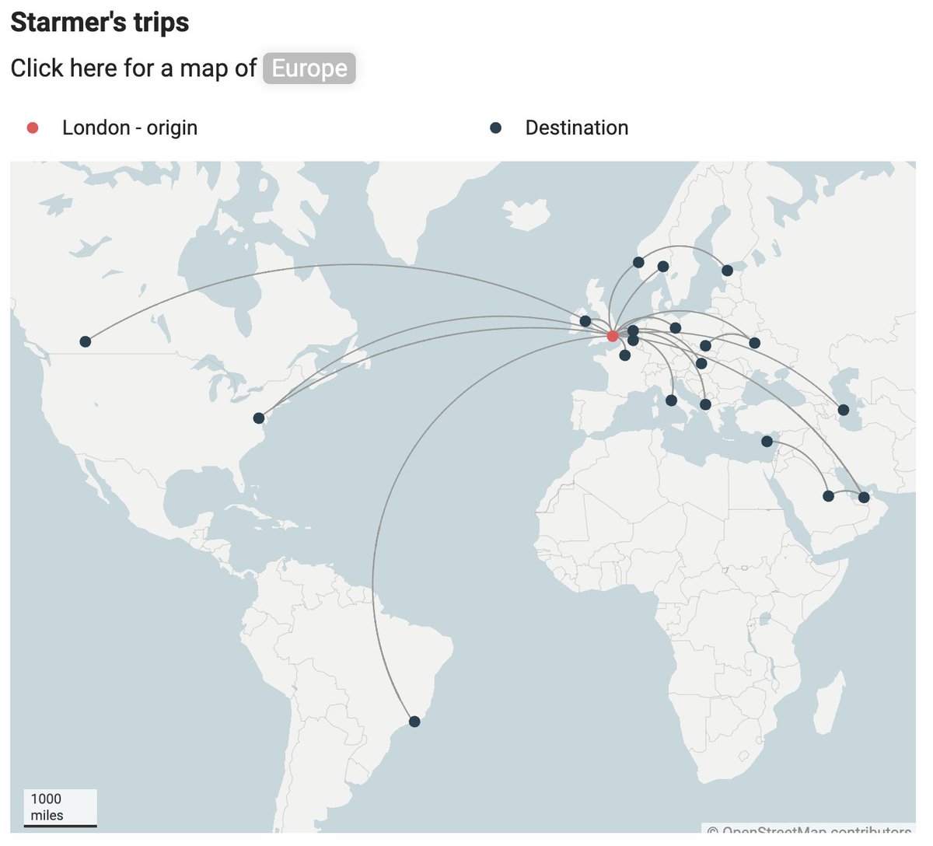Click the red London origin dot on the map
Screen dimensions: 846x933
click(613, 336)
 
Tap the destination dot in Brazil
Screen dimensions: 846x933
click(414, 722)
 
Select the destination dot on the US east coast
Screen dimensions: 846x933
click(259, 418)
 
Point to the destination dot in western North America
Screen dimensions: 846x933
click(86, 341)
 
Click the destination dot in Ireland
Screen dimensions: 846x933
click(585, 321)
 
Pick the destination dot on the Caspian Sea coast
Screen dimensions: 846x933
click(844, 410)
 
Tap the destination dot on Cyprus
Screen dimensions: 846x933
click(767, 442)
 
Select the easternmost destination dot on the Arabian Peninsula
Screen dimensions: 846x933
click(864, 497)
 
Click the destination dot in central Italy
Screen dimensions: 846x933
click(671, 400)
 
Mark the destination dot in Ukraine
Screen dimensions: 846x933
click(754, 343)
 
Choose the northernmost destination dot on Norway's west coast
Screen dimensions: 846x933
click(638, 262)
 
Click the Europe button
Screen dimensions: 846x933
click(309, 68)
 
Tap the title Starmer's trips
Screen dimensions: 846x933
click(100, 22)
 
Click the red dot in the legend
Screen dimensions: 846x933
click(33, 128)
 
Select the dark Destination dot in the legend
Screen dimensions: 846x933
click(495, 128)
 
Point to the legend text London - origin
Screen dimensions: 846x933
click(130, 128)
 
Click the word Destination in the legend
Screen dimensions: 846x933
click(577, 128)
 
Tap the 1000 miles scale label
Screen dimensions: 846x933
click(47, 806)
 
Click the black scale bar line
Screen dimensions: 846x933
click(61, 826)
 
